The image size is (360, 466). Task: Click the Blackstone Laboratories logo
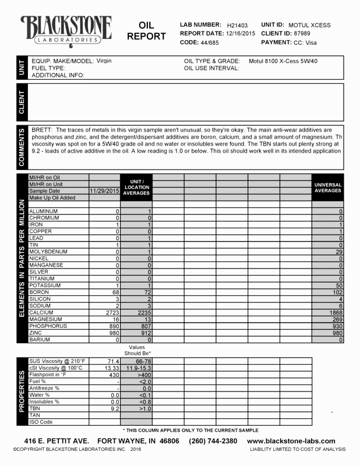pyautogui.click(x=66, y=30)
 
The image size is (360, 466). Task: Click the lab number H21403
pyautogui.click(x=237, y=26)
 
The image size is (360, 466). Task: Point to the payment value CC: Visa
pyautogui.click(x=306, y=43)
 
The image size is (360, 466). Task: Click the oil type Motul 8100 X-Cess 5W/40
pyautogui.click(x=283, y=61)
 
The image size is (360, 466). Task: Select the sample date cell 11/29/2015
pyautogui.click(x=104, y=191)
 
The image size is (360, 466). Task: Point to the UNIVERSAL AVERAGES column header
pyautogui.click(x=327, y=188)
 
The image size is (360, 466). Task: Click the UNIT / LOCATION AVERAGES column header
pyautogui.click(x=136, y=187)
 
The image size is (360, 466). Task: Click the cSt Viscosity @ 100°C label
pyautogui.click(x=56, y=368)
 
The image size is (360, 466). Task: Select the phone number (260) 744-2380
pyautogui.click(x=213, y=441)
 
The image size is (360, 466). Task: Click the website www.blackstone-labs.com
pyautogui.click(x=291, y=441)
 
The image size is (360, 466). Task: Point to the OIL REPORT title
pyautogui.click(x=146, y=31)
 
